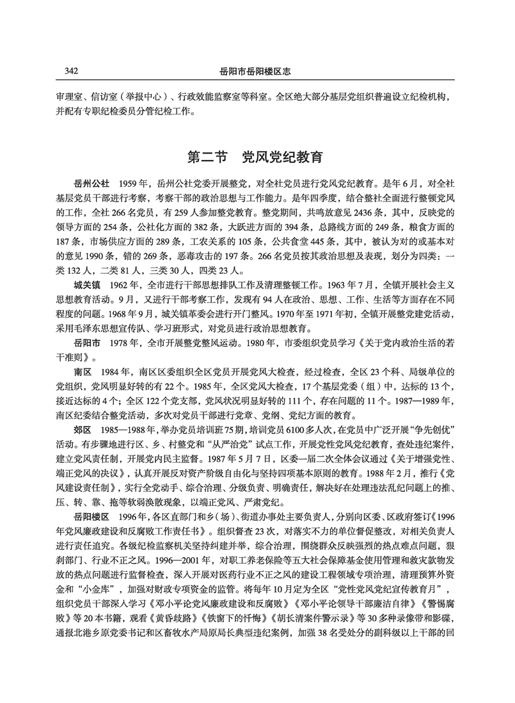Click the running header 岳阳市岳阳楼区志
coord(256,69)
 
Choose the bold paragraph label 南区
coord(83,372)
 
